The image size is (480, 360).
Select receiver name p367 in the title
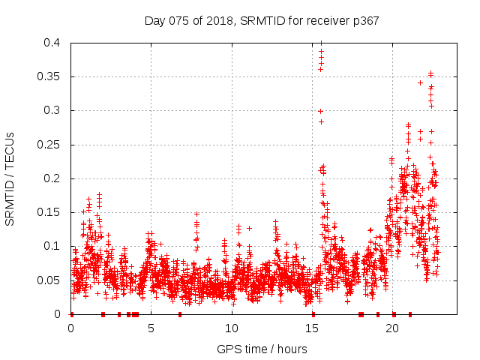(364, 21)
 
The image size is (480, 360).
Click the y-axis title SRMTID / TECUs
(10, 178)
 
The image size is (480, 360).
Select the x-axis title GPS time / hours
(262, 349)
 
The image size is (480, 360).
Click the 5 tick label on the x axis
(151, 328)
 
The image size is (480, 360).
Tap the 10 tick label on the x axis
(232, 328)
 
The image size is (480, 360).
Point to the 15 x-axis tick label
(312, 328)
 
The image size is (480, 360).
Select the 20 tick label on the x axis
(392, 328)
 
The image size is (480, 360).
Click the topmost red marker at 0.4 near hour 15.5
(321, 43)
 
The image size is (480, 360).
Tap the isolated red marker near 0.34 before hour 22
(420, 82)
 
